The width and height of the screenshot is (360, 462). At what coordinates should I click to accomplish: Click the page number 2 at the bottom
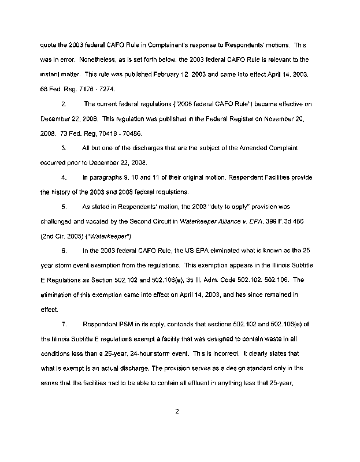pyautogui.click(x=179, y=411)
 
